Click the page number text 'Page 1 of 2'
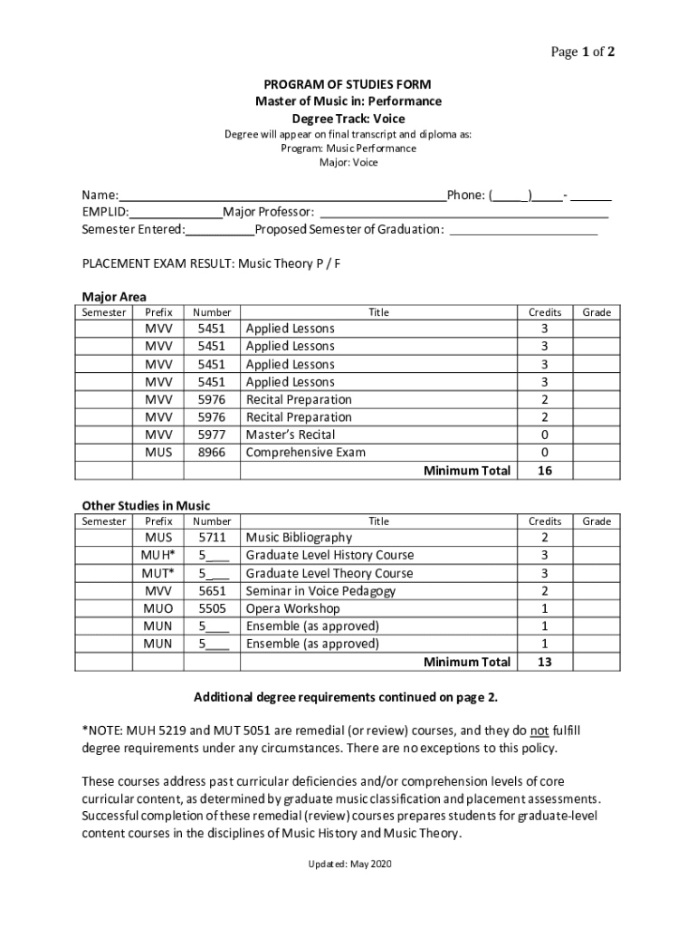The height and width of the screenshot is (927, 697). tap(583, 53)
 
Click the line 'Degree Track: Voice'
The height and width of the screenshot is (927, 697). tap(348, 119)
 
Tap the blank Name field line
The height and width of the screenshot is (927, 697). tap(282, 196)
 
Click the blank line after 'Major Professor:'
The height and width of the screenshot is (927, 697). tap(463, 213)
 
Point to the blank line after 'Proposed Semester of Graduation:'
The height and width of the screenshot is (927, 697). tap(523, 230)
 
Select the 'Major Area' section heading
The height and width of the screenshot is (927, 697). tap(114, 297)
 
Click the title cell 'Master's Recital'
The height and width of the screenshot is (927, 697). tap(290, 435)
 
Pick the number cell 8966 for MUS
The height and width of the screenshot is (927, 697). tap(212, 453)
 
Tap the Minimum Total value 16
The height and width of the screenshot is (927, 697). tap(545, 471)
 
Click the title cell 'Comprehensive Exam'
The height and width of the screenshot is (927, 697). tap(305, 453)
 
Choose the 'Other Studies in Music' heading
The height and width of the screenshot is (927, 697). tap(146, 505)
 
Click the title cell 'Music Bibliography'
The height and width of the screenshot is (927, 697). tap(299, 538)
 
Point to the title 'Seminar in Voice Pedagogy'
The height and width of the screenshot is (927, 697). tap(320, 591)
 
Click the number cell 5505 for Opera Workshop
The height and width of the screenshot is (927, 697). tap(212, 608)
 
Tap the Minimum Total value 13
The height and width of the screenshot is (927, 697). tap(545, 662)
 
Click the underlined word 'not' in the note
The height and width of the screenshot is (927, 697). tap(539, 731)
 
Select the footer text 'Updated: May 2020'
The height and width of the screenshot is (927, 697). tap(348, 865)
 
